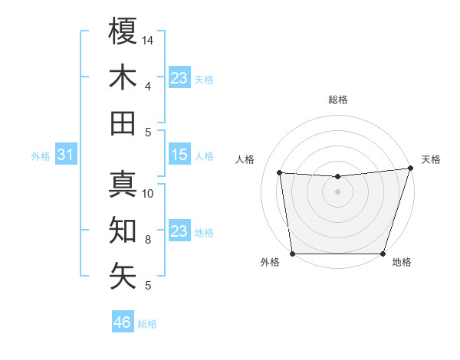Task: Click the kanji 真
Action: pos(123,184)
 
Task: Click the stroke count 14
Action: pos(149,39)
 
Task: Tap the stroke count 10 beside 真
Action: pos(149,193)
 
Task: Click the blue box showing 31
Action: pos(66,155)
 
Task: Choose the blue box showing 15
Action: pos(179,155)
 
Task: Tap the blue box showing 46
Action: pos(123,322)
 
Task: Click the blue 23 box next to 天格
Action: pos(179,78)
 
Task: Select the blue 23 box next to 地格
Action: pos(179,232)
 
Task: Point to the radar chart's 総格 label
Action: pos(337,100)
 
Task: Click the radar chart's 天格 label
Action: pos(431,159)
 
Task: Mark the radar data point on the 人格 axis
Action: pos(280,173)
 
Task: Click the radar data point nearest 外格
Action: pos(292,254)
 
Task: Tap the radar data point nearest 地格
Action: pos(383,254)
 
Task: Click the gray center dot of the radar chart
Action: pos(337,191)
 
